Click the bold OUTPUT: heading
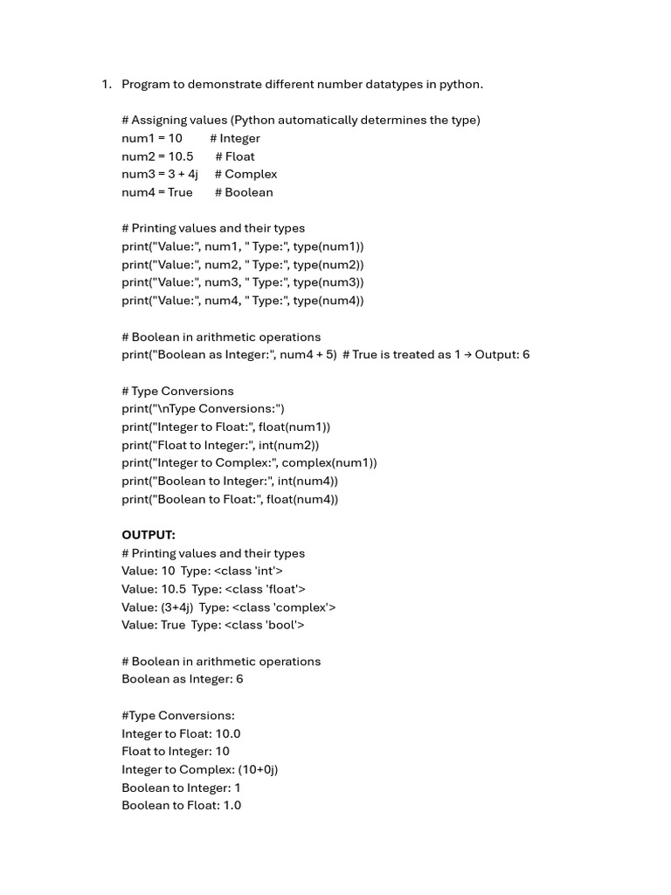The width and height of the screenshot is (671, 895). click(149, 535)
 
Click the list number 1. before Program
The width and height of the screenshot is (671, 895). click(106, 84)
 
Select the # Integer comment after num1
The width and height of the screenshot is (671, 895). click(234, 138)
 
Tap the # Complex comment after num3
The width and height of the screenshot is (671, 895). click(246, 174)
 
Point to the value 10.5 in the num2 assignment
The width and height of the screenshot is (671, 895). click(181, 156)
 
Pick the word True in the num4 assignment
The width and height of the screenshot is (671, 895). click(180, 192)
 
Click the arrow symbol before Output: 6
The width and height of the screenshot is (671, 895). click(467, 355)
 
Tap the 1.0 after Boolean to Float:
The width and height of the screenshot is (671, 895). click(232, 805)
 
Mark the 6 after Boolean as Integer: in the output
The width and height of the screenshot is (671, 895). click(239, 679)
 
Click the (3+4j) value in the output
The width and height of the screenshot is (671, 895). click(177, 607)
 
